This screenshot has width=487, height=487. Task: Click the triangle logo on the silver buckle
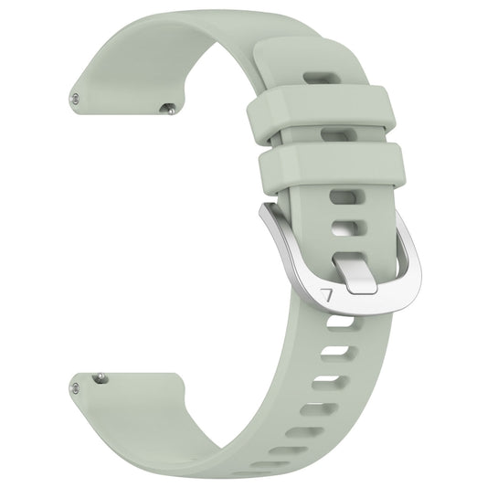coord(328,296)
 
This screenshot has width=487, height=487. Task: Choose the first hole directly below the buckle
coord(337,321)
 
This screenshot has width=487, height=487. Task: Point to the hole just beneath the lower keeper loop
coord(343,196)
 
